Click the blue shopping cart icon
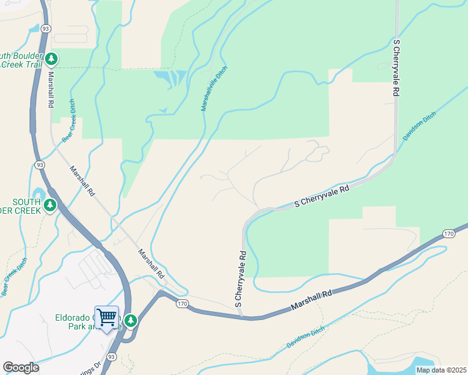point(106,317)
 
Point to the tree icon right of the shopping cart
point(130,321)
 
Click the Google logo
point(21,367)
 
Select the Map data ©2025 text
point(440,370)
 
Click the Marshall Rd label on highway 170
point(310,301)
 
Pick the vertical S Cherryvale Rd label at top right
point(395,67)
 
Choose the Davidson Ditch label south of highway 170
point(307,337)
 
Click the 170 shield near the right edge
point(448,234)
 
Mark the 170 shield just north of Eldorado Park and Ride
point(181,304)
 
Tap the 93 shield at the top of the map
point(46,29)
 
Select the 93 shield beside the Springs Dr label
point(111,356)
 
